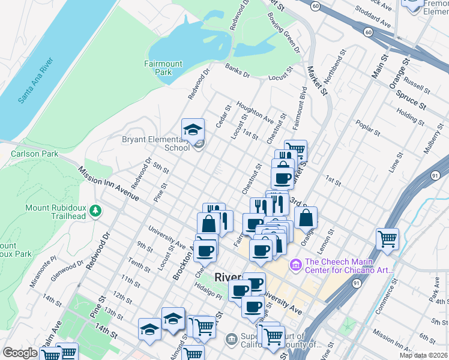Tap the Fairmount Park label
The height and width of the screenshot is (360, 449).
(x=158, y=67)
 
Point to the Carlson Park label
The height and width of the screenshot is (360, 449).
(x=34, y=154)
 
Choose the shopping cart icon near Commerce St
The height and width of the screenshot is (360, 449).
(x=387, y=239)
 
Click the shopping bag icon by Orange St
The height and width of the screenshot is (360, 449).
(x=306, y=218)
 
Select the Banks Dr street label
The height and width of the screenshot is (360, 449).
(x=237, y=71)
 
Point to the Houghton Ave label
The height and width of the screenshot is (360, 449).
(x=255, y=112)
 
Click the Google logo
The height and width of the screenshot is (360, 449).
(x=20, y=353)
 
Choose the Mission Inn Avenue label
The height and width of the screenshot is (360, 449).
(x=109, y=184)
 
